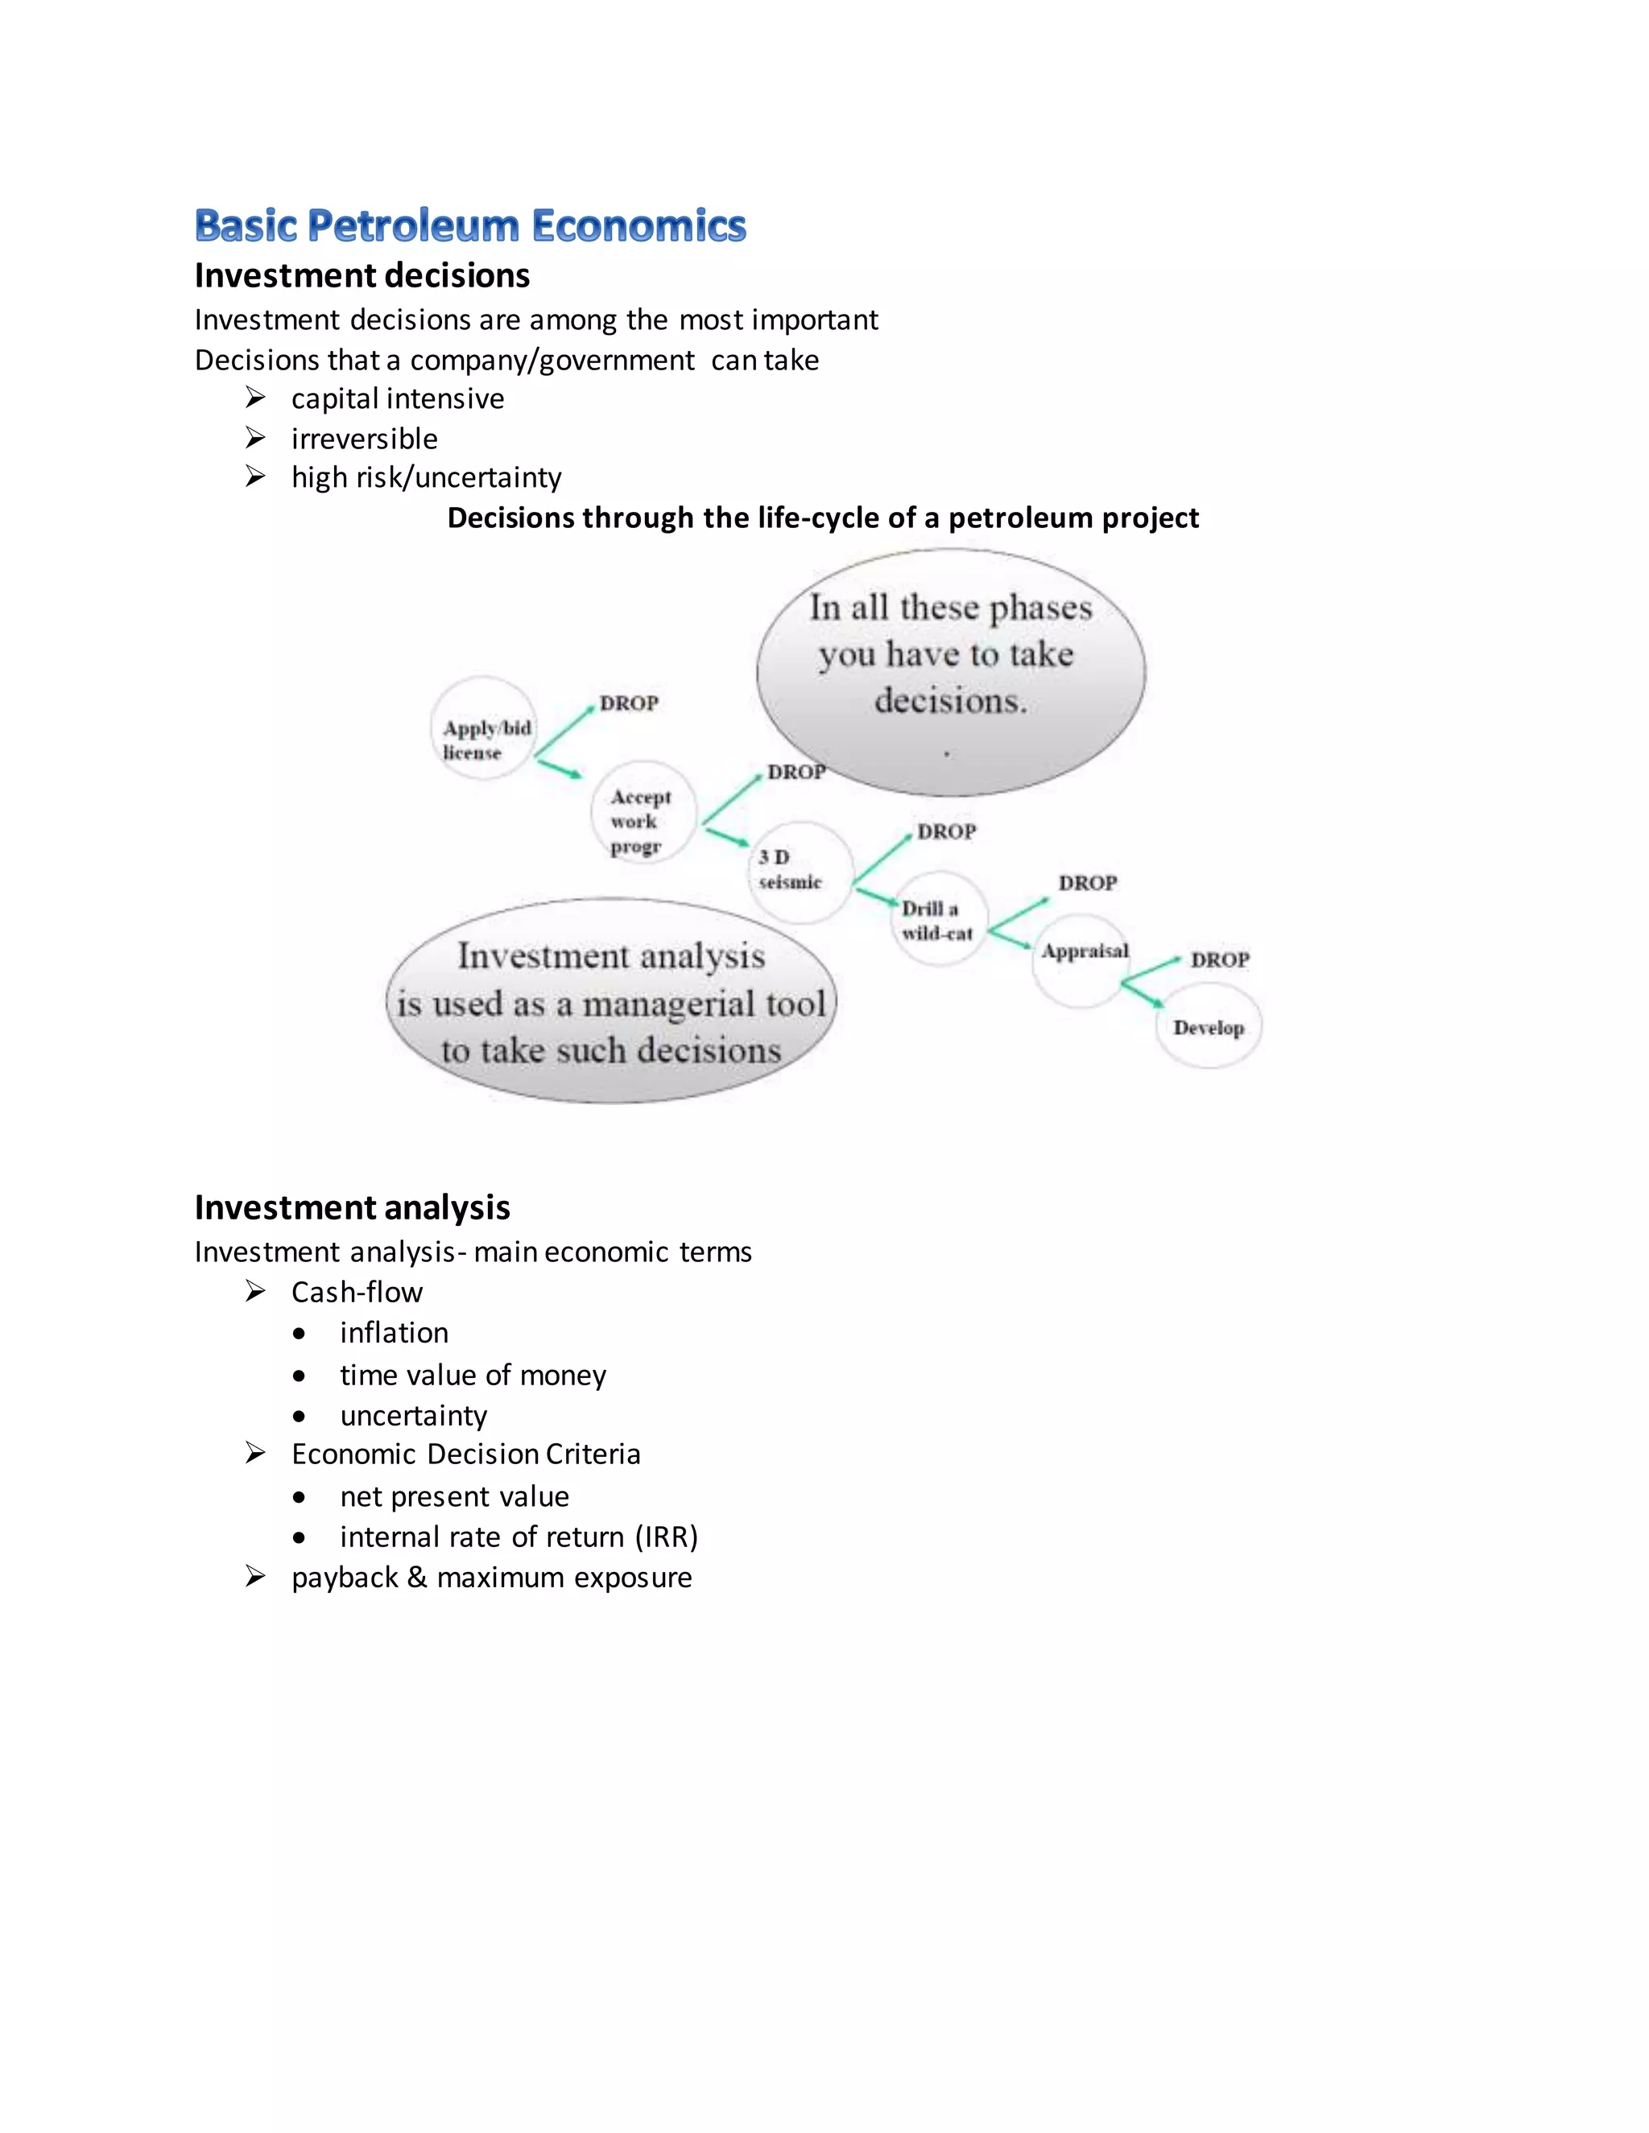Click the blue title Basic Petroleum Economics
470,225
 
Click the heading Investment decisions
362,276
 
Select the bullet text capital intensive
398,398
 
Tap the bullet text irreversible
365,439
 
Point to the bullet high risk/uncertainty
426,477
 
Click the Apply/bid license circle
484,728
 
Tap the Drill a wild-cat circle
938,920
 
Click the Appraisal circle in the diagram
1081,961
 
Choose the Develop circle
1209,1027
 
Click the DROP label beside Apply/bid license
629,703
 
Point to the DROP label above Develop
1220,960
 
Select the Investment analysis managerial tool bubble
612,1002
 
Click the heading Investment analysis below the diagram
352,1208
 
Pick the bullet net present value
454,1496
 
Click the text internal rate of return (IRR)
519,1537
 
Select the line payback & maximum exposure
491,1578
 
